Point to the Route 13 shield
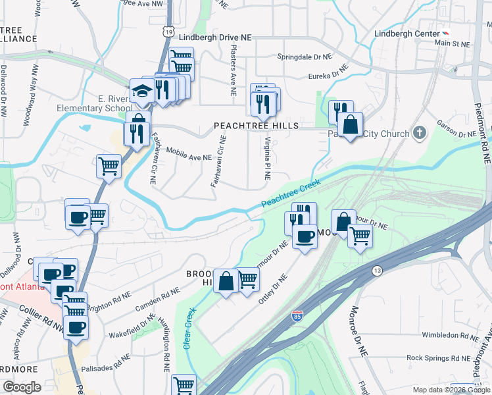click(x=377, y=271)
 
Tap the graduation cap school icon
click(x=141, y=91)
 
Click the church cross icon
click(x=419, y=134)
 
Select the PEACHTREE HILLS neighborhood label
click(x=256, y=126)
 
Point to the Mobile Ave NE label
click(x=188, y=153)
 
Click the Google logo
click(x=22, y=387)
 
